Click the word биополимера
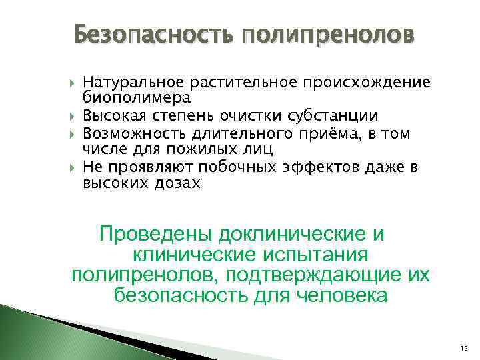click(137, 98)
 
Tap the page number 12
click(464, 349)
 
